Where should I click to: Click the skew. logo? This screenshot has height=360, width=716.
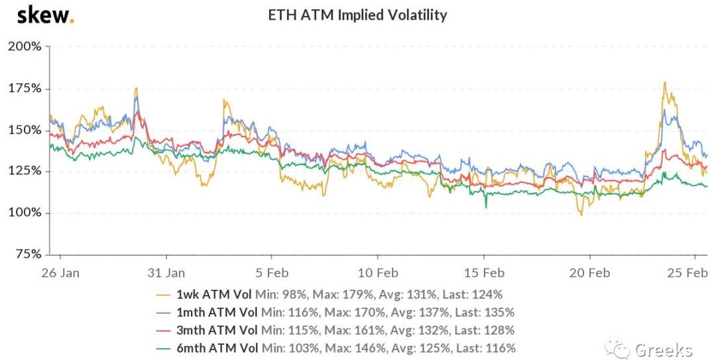click(x=44, y=15)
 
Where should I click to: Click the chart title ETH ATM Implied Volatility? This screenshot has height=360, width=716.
click(x=357, y=15)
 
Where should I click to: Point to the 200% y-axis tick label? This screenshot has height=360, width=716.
click(x=24, y=46)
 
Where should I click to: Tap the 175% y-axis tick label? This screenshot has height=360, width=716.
click(x=24, y=88)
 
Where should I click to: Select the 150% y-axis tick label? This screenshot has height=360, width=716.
click(x=24, y=130)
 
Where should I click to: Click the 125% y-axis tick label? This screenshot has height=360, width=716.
click(x=24, y=171)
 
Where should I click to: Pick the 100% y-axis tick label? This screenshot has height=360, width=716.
click(x=24, y=213)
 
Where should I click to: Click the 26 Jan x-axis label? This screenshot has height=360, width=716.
click(x=60, y=272)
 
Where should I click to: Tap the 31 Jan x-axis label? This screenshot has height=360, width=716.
click(x=166, y=272)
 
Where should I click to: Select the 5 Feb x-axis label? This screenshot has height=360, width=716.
click(x=271, y=272)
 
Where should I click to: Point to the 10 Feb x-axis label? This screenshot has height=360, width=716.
click(x=377, y=272)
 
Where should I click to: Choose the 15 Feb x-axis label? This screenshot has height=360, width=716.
click(x=483, y=272)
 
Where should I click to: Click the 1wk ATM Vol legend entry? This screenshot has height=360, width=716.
click(x=332, y=294)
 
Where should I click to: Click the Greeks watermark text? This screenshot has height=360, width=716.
click(x=663, y=349)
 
